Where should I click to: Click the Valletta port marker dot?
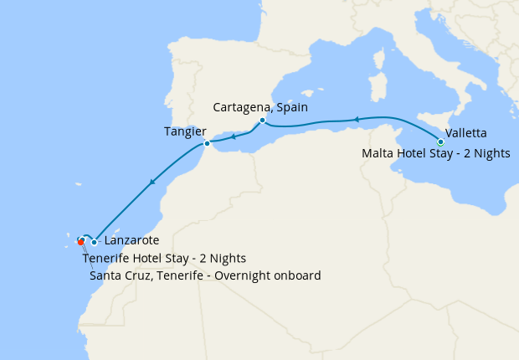(x=440, y=141)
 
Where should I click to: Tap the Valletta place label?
(x=466, y=133)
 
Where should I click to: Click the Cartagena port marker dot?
(x=262, y=120)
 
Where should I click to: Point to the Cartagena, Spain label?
(x=260, y=107)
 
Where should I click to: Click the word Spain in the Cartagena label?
(x=292, y=107)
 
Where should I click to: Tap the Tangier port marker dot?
(x=207, y=144)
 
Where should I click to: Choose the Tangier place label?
(x=186, y=131)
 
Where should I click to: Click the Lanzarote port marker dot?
(x=94, y=243)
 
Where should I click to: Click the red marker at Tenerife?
(x=80, y=243)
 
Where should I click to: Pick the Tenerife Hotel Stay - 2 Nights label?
(x=164, y=258)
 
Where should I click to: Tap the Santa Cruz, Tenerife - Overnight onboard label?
(x=204, y=275)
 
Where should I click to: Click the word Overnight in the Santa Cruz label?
(x=237, y=275)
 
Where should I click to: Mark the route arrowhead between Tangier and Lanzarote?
(x=152, y=182)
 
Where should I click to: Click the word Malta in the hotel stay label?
(x=378, y=153)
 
